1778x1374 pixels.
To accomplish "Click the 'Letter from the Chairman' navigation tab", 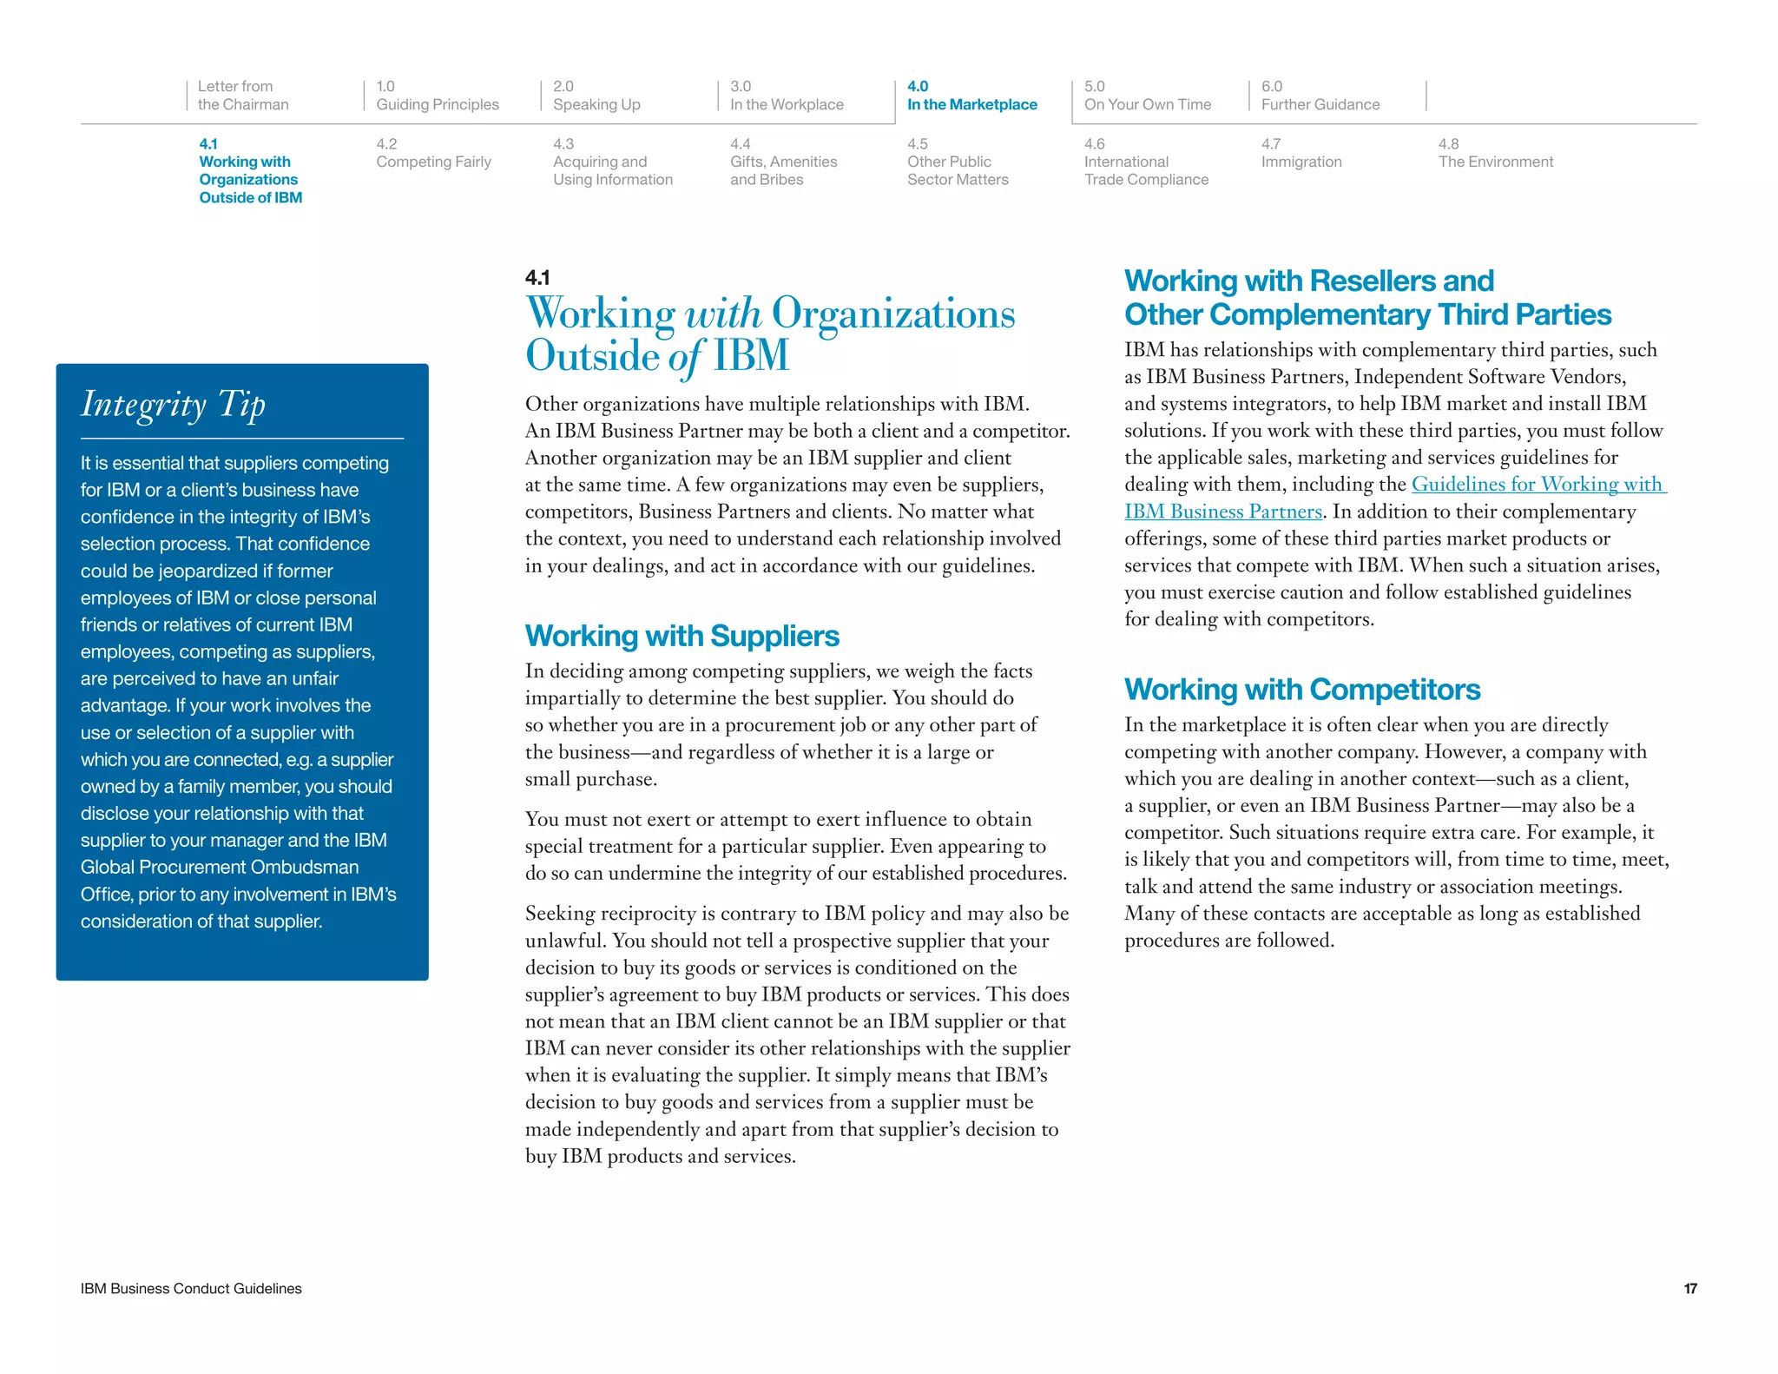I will (242, 96).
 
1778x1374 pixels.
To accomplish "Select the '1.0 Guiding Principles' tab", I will (437, 96).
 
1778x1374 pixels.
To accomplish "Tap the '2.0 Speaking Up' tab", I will (596, 96).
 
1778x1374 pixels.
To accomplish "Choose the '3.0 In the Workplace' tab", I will (786, 96).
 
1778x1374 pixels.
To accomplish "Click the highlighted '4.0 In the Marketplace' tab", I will (971, 96).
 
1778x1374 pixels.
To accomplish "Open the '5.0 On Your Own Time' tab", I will (1147, 96).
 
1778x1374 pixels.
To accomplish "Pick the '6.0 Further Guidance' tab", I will (1320, 96).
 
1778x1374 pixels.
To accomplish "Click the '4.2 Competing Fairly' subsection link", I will (433, 153).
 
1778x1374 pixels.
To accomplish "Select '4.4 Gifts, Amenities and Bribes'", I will (783, 162).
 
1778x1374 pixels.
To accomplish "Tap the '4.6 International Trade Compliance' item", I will (1145, 162).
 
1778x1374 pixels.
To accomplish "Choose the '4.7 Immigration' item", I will (1301, 153).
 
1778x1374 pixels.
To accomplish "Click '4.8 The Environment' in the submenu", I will (1495, 153).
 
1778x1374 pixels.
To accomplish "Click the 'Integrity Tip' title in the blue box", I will (174, 405).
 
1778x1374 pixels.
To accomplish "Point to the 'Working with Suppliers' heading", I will (682, 636).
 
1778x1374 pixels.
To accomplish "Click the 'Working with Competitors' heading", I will (1301, 689).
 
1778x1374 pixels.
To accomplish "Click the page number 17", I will (1689, 1288).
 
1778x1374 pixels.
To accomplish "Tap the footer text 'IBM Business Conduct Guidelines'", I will (191, 1288).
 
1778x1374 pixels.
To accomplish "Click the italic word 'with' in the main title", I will (723, 314).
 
